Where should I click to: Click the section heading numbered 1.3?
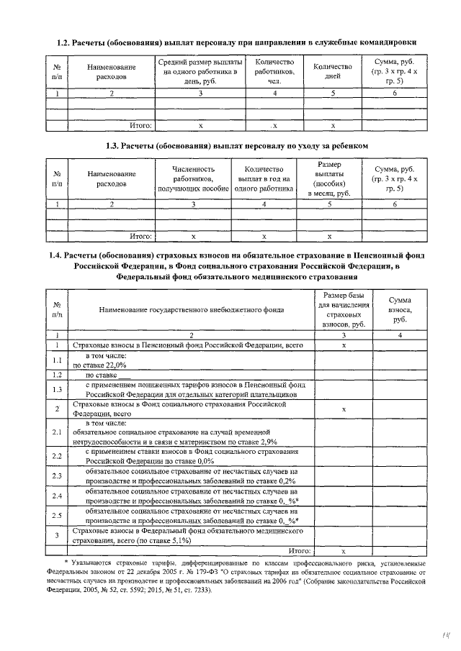(x=237, y=146)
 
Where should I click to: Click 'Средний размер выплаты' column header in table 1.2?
(x=200, y=70)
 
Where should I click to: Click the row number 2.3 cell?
(x=56, y=476)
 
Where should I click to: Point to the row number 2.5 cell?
(x=56, y=515)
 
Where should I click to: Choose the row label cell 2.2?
(x=56, y=456)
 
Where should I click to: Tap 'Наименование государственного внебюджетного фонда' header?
(x=191, y=310)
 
